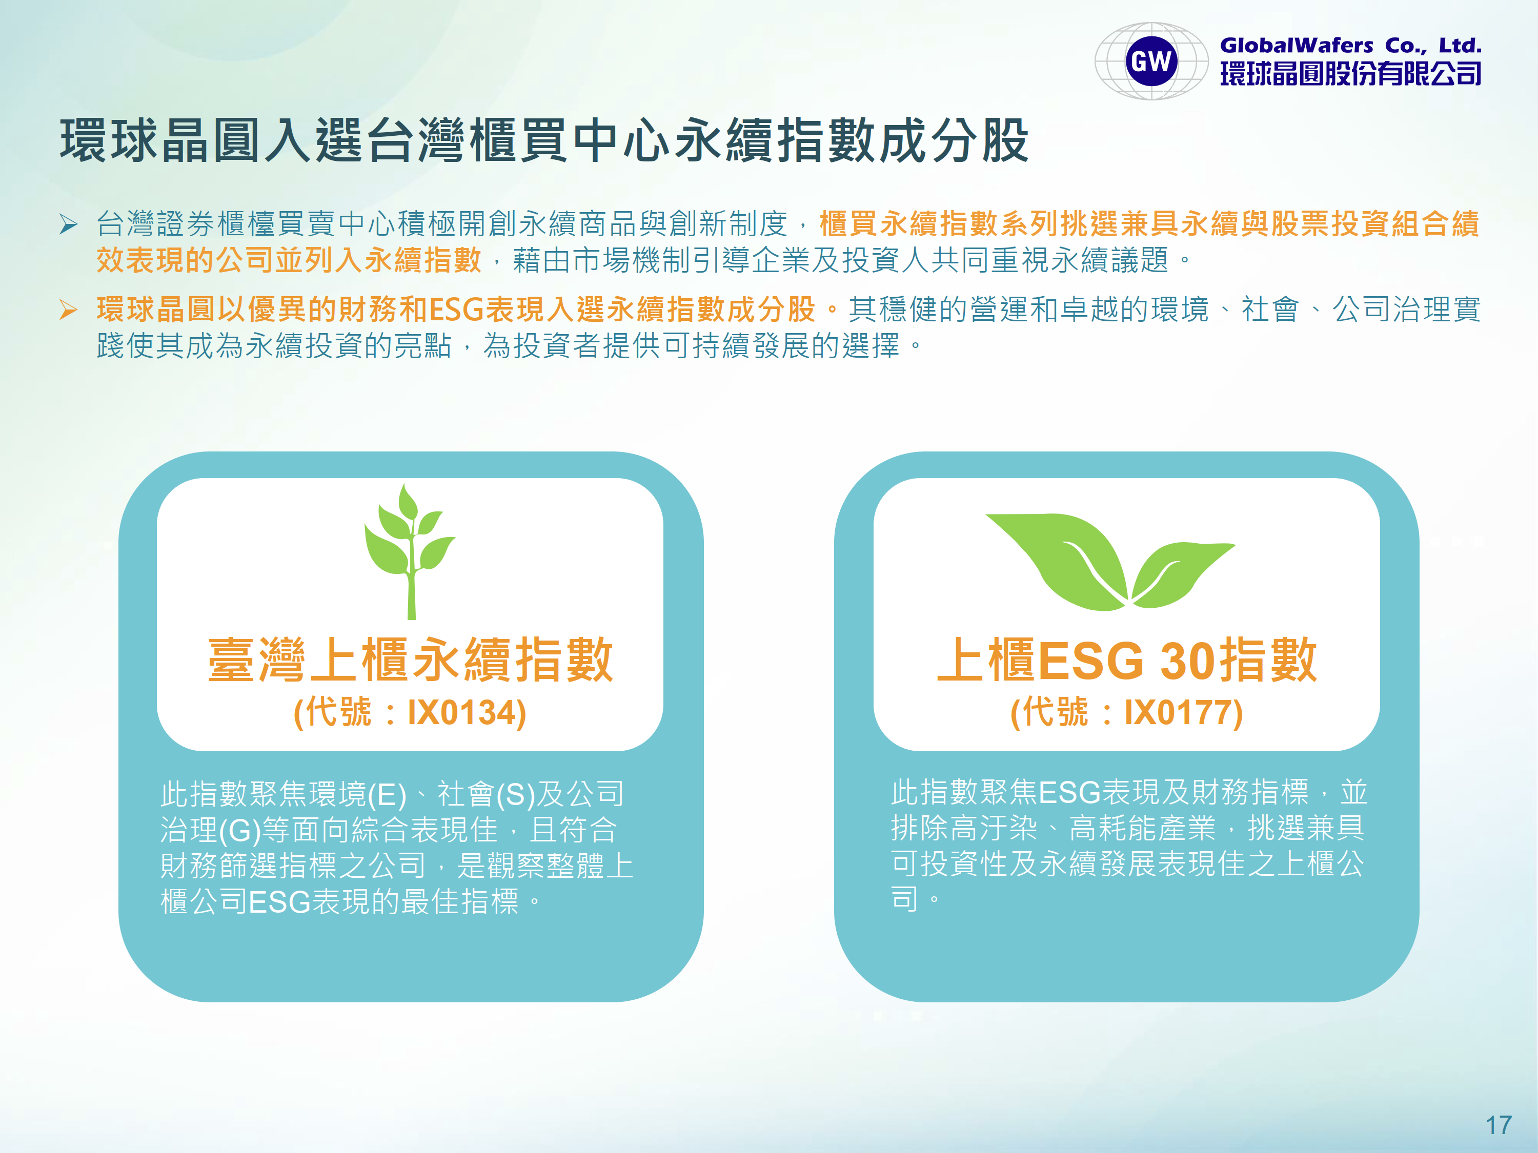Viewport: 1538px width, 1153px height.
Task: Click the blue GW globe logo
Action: coord(1151,61)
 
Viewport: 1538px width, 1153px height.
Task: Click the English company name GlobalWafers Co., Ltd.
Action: coord(1351,46)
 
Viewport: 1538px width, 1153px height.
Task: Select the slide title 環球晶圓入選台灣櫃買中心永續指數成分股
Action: coord(544,140)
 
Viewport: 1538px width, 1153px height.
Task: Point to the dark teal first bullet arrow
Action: coord(68,224)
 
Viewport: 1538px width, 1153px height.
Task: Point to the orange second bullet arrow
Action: coord(68,310)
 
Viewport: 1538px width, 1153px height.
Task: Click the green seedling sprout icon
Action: coord(410,551)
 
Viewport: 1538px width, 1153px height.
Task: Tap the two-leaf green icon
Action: coord(1110,562)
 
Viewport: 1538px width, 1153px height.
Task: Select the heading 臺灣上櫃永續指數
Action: coord(410,660)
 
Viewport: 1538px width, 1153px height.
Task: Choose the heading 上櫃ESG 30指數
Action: coord(1126,660)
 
